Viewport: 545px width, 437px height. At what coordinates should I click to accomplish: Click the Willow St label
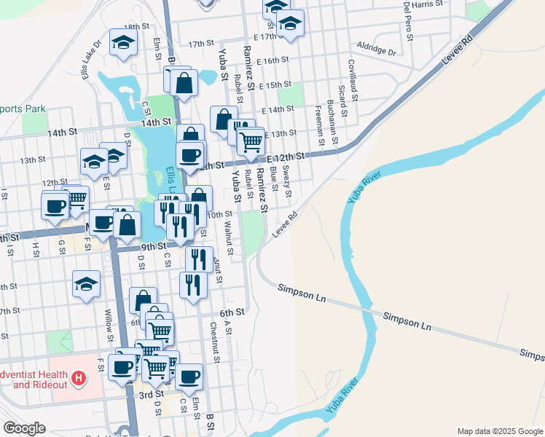click(x=109, y=324)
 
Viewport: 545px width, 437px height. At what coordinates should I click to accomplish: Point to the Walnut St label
click(x=229, y=240)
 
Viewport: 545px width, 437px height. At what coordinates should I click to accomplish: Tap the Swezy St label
click(x=287, y=181)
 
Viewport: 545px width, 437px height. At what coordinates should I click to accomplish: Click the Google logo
click(x=24, y=428)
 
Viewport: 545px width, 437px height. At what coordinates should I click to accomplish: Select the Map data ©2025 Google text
click(x=500, y=431)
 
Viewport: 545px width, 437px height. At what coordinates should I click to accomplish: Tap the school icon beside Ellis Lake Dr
click(x=123, y=43)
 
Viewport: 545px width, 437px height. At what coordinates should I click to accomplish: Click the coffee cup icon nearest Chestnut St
click(x=189, y=377)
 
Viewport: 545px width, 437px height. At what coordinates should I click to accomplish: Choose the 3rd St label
click(x=151, y=395)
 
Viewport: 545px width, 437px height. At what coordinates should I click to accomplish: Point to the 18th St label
click(x=136, y=26)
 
